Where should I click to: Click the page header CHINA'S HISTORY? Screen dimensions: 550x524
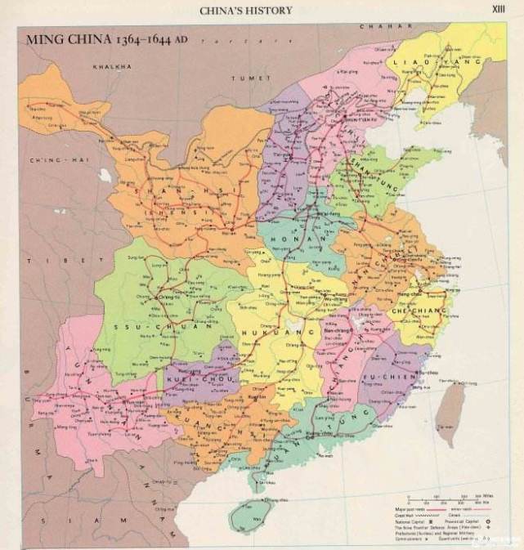[246, 11]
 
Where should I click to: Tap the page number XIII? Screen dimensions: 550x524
[498, 9]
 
